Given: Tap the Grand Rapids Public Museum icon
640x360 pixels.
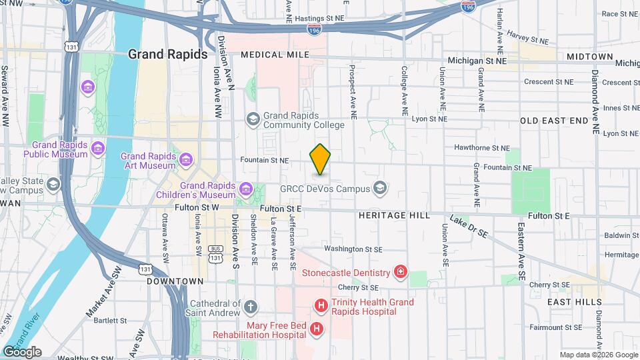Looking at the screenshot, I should pos(99,147).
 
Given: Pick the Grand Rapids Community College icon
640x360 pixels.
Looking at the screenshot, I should pos(253,119).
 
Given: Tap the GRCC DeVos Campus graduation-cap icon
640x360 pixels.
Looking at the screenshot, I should pos(380,189).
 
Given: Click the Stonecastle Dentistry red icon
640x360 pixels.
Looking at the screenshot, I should pos(400,272).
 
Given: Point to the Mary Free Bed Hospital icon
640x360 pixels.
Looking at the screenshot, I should pos(317,329).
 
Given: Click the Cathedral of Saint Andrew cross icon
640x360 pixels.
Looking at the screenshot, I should pos(250,307).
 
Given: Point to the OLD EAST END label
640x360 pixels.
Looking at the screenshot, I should pos(554,121).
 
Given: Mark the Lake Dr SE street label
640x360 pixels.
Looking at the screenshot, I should pos(470,227).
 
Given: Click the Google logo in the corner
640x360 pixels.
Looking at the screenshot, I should pos(22,351).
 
